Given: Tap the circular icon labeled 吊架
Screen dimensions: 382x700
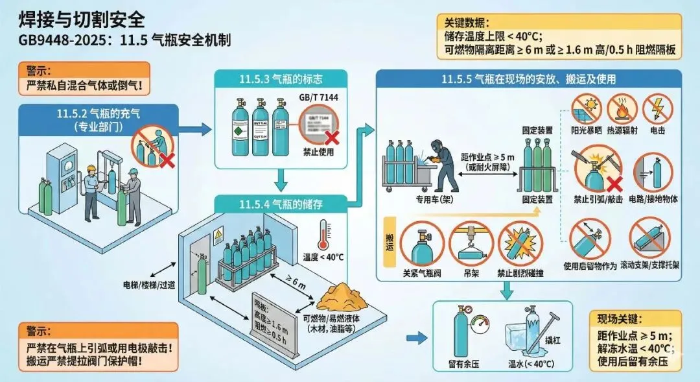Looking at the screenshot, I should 471,243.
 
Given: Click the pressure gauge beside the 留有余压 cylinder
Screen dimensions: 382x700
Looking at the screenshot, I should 480,322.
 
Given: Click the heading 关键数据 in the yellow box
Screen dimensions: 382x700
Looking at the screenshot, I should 466,21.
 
